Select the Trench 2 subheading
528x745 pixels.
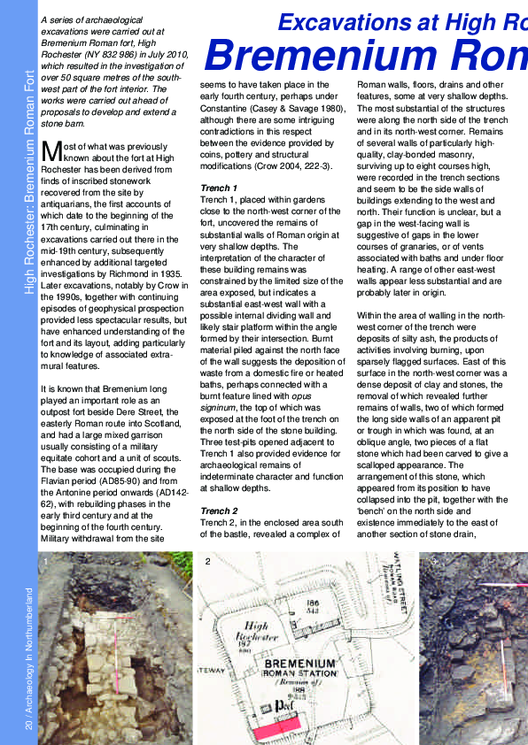[x=219, y=511]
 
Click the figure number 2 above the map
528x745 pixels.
[x=207, y=561]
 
